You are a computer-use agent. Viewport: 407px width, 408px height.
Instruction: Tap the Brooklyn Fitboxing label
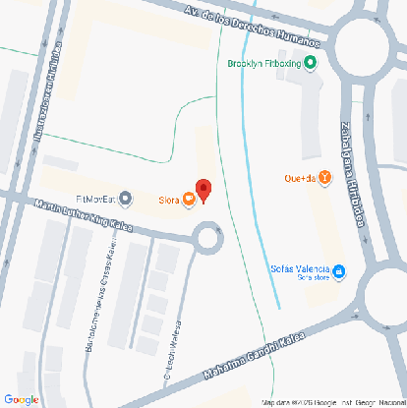click(x=263, y=64)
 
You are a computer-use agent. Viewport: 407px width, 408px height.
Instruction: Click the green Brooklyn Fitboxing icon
click(x=311, y=64)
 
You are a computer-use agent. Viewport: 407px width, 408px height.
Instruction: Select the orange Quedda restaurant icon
click(x=324, y=178)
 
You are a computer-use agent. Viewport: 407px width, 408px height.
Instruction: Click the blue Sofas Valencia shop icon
click(x=339, y=268)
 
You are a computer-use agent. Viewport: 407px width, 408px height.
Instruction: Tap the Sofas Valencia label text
click(x=299, y=268)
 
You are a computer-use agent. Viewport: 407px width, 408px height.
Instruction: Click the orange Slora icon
click(x=188, y=202)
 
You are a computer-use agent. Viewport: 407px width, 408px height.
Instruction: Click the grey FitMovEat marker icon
click(x=124, y=198)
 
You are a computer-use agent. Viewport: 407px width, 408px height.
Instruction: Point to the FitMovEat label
click(x=95, y=198)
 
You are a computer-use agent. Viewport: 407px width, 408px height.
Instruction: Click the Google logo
click(x=22, y=398)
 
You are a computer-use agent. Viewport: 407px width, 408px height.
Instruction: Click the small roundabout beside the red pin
click(x=208, y=237)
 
